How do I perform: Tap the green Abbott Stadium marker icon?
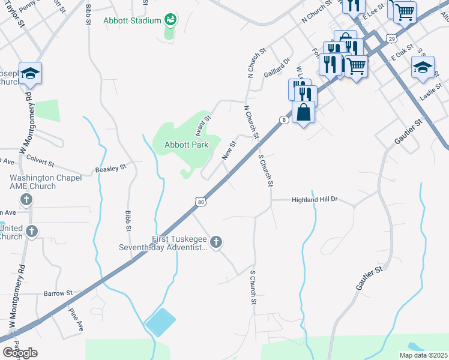[x=171, y=20]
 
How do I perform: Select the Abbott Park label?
[x=187, y=145]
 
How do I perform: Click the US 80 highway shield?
[x=200, y=203]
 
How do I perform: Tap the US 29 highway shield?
[x=391, y=38]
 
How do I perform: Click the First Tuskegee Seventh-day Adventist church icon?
[x=216, y=242]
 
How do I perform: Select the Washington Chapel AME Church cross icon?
[x=26, y=199]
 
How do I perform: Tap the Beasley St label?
[x=111, y=169]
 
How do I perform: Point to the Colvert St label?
[x=39, y=163]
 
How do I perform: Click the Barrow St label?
[x=58, y=293]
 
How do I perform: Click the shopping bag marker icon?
[x=304, y=112]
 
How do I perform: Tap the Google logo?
[x=20, y=353]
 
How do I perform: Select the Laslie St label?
[x=431, y=92]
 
